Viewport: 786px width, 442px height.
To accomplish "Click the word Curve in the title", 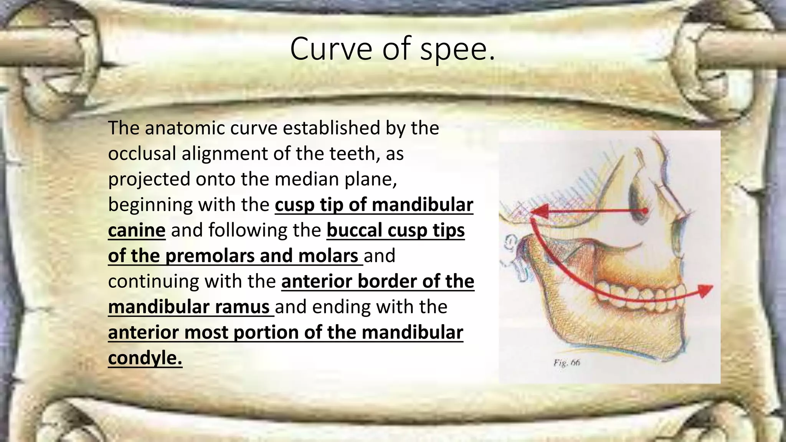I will click(x=331, y=49).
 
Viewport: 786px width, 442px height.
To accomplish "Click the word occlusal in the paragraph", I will click(x=142, y=153).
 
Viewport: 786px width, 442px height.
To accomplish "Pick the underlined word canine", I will click(x=137, y=230).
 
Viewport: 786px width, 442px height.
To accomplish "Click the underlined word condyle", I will click(x=145, y=358).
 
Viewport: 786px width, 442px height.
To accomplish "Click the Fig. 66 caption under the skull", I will click(x=566, y=362).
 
